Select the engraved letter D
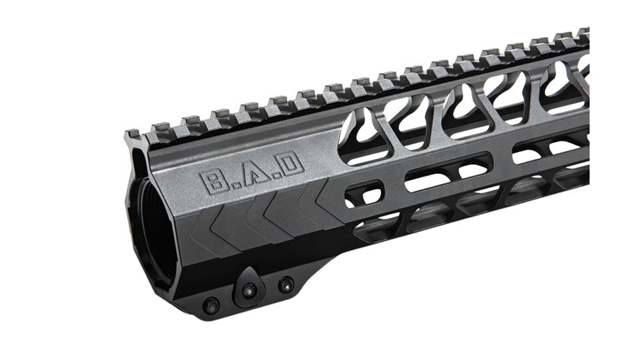(291, 162)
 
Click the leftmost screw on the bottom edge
(211, 305)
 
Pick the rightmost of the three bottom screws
(285, 284)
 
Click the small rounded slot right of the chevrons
(363, 193)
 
